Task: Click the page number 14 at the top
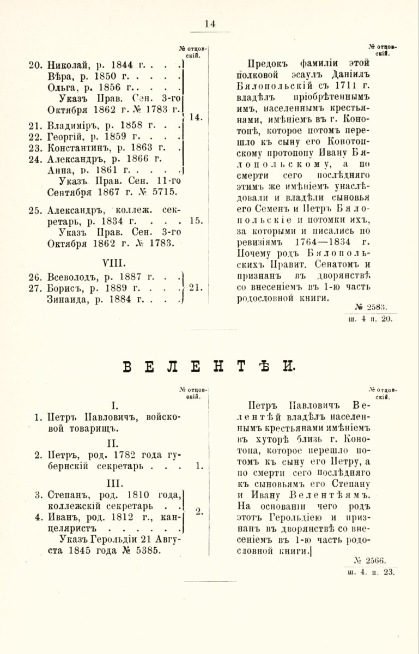[210, 23]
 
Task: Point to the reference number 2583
[379, 308]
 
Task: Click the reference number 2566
[378, 561]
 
